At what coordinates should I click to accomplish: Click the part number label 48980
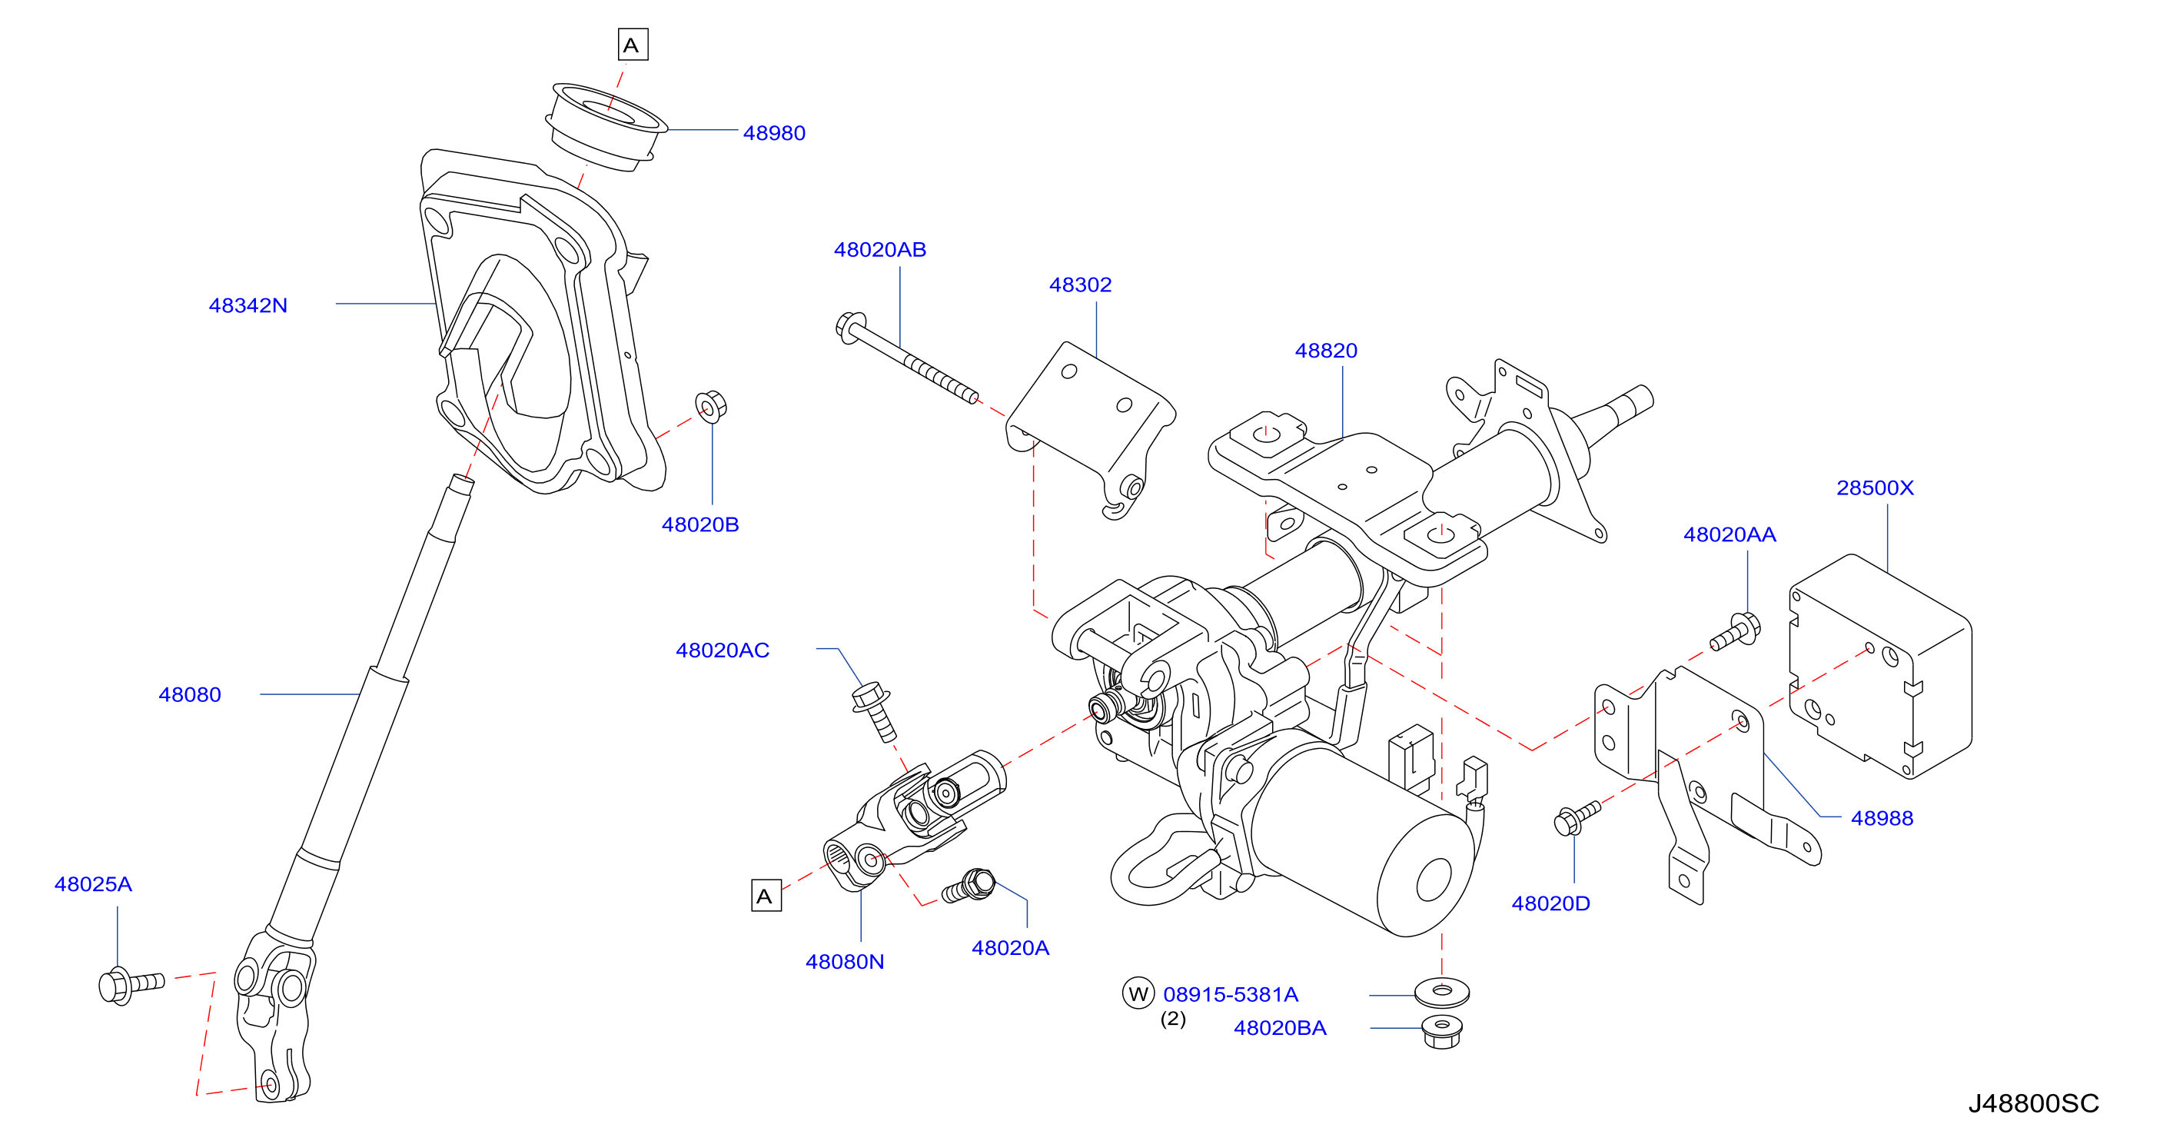[774, 133]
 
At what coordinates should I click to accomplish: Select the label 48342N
[248, 305]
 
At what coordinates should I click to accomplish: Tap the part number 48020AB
[879, 249]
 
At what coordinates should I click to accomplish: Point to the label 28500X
[1875, 487]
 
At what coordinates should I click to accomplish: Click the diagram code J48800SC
[2033, 1103]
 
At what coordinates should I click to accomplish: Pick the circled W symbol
[1138, 993]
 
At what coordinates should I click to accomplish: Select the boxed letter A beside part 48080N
[766, 896]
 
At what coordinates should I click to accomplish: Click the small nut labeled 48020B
[711, 406]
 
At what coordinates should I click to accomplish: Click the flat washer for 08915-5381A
[1441, 991]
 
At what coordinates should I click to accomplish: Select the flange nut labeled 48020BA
[1441, 1032]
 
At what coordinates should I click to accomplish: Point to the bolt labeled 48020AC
[875, 712]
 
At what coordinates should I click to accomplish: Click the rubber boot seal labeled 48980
[605, 127]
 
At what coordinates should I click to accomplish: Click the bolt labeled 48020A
[969, 886]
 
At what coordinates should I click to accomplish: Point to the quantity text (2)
[1173, 1018]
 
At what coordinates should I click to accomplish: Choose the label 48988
[1882, 818]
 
